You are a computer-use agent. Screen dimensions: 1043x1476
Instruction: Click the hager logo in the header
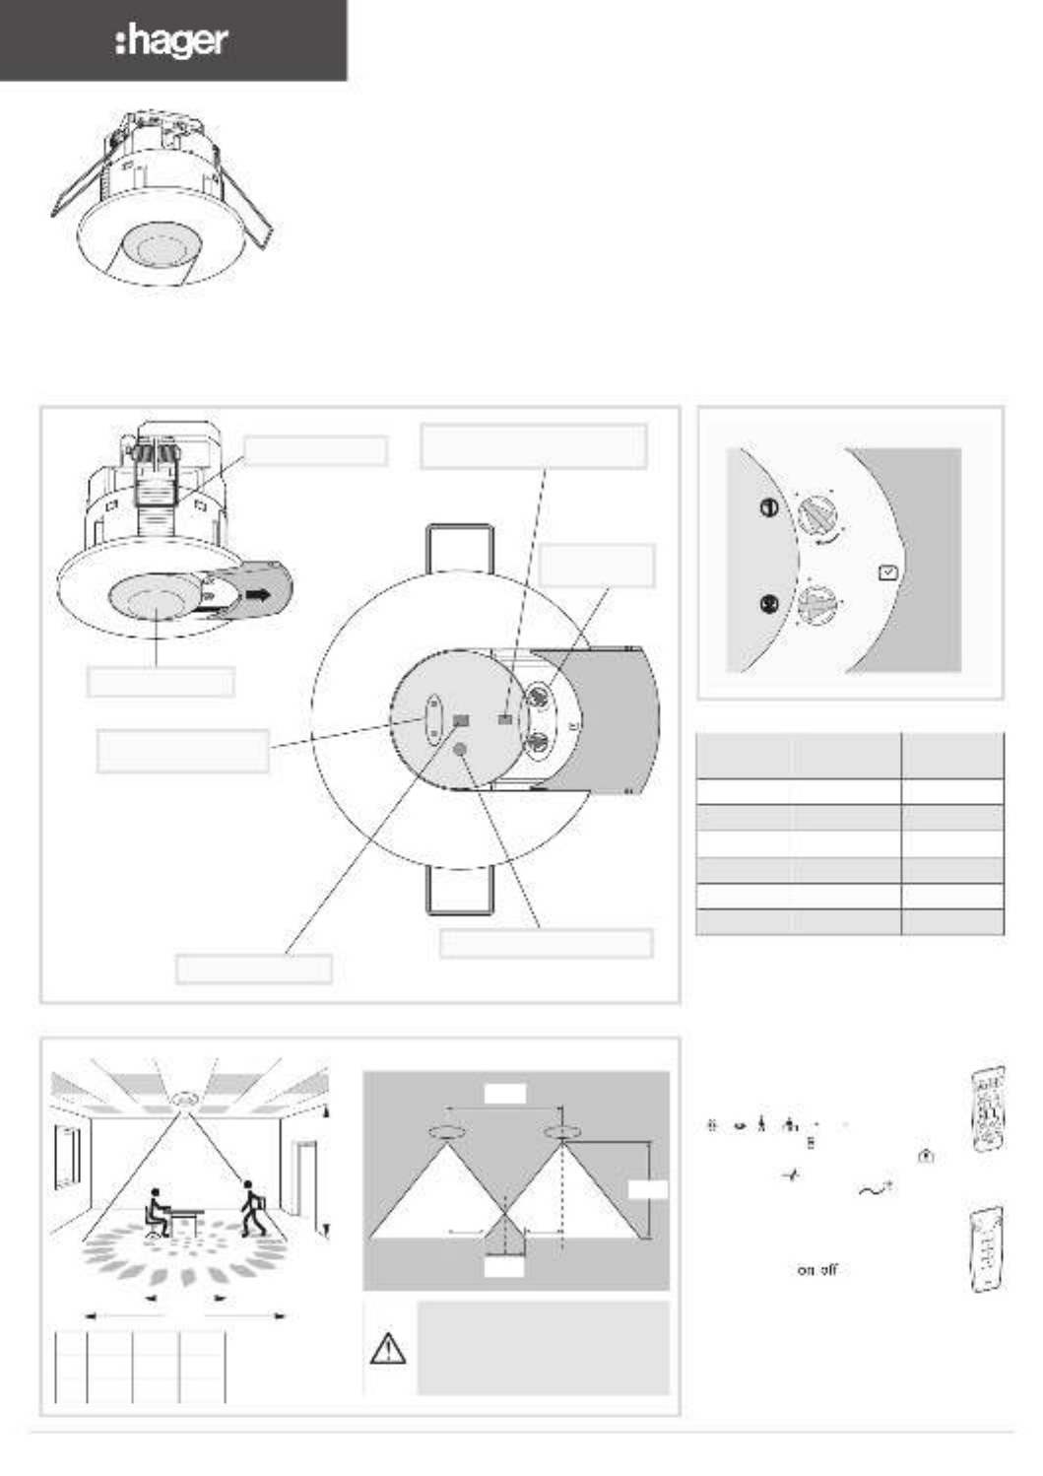pos(171,42)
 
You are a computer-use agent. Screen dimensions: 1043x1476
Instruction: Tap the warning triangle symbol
pos(388,1348)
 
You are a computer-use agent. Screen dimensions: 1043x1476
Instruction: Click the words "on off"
pos(817,1270)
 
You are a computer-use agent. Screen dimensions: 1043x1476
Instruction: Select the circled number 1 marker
pos(768,507)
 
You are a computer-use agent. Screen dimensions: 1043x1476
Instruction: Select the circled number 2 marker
pos(768,604)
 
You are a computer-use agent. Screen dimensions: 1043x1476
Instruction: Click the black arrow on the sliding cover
pos(257,595)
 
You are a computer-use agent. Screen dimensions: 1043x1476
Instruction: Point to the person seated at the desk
pos(156,1213)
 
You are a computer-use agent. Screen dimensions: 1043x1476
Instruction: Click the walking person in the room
pos(253,1208)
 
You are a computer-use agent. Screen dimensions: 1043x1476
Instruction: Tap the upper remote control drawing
pos(989,1109)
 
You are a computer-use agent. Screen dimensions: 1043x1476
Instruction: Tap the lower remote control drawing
pos(987,1247)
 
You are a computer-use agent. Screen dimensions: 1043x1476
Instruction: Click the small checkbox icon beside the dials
pos(888,572)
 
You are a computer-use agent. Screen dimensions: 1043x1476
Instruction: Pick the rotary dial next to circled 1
pos(817,515)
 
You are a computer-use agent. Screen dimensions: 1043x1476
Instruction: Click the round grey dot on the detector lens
pos(461,749)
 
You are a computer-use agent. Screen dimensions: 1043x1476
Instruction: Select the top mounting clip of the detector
pos(460,549)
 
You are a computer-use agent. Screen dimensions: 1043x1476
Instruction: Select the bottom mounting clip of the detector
pos(460,890)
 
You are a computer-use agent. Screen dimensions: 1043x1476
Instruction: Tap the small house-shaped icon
pos(926,1155)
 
